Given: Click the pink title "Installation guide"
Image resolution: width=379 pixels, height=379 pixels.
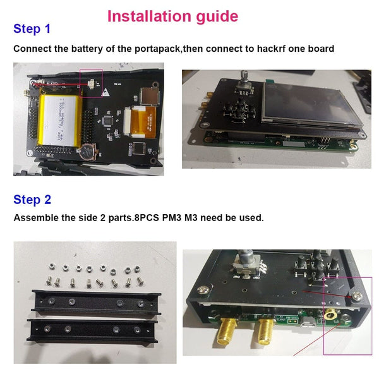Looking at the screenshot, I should (x=172, y=16).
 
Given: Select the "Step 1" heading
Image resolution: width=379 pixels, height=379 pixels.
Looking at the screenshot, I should (x=32, y=29).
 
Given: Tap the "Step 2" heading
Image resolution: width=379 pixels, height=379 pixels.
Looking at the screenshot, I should (x=32, y=200).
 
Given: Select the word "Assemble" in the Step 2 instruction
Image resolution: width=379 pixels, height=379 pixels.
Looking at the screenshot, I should (x=36, y=218).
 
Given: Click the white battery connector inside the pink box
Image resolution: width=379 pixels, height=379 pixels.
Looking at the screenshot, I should (x=90, y=83).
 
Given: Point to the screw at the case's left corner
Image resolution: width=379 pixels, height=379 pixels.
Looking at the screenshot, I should (x=203, y=290).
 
